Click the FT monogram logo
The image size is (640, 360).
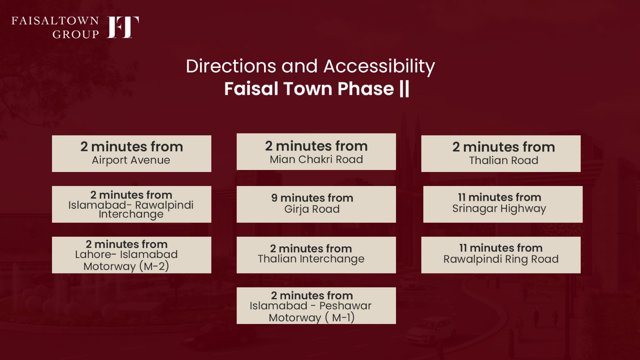[x=123, y=27]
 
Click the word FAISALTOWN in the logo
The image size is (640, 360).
[x=55, y=21]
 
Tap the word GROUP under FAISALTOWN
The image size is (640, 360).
[x=76, y=34]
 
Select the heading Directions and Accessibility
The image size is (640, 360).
[x=310, y=66]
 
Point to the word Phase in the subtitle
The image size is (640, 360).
[x=366, y=88]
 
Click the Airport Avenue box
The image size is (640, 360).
[x=132, y=154]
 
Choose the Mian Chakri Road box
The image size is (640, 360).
[x=316, y=152]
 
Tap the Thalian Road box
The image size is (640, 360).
[x=501, y=154]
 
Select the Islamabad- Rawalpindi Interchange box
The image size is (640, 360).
[x=132, y=204]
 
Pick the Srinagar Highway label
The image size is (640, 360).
[x=499, y=209]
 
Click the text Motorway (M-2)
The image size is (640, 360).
[x=126, y=266]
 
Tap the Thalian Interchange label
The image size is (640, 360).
[x=311, y=259]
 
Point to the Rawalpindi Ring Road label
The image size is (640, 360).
[x=501, y=259]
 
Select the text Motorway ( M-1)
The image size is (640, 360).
[x=312, y=318]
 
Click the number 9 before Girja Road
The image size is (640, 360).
[x=274, y=198]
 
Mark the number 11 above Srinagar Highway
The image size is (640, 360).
[x=462, y=198]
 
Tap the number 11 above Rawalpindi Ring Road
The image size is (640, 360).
[x=463, y=248]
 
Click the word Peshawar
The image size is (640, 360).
[x=345, y=306]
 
